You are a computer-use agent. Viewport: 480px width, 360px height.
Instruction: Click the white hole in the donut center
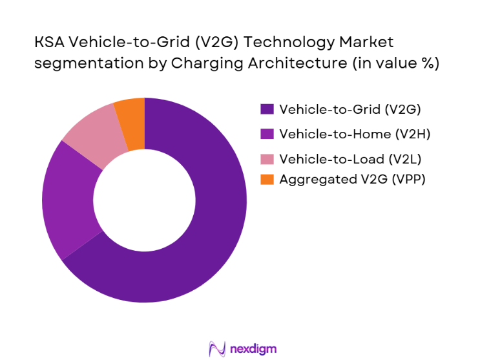144,200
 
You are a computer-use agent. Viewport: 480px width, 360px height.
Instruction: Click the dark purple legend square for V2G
266,109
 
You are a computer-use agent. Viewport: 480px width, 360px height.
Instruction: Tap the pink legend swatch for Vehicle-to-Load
266,157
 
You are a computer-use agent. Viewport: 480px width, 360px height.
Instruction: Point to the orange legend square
266,180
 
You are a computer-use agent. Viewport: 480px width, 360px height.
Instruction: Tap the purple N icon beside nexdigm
216,349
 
